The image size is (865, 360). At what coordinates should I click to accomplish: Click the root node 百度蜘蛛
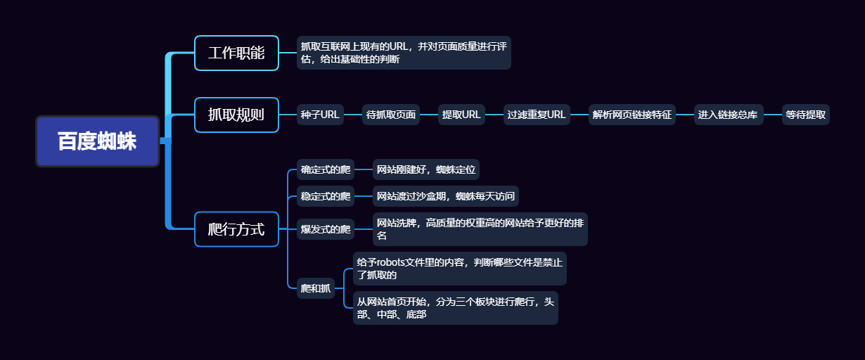point(98,141)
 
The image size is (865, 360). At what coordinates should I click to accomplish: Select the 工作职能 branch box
point(236,53)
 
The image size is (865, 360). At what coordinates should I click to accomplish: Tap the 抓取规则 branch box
point(236,115)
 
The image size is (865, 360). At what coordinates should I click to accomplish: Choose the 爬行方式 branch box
point(236,229)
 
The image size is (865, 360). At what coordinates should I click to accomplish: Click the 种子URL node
point(320,115)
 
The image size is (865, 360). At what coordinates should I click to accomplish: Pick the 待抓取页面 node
point(391,115)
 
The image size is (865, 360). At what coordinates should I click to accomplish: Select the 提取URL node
point(461,115)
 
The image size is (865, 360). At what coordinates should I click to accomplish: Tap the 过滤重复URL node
point(537,115)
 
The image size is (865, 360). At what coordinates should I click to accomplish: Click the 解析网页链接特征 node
point(632,115)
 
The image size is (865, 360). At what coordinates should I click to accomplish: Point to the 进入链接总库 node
point(728,115)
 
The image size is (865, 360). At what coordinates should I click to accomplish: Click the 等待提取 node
point(805,115)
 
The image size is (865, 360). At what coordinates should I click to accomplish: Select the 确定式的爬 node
point(325,169)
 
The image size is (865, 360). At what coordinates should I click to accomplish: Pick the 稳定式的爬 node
point(325,196)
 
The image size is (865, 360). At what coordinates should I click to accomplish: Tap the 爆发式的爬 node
point(325,229)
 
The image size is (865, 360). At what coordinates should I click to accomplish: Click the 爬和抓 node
point(316,288)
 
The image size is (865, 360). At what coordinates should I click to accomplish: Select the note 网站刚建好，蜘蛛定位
point(426,169)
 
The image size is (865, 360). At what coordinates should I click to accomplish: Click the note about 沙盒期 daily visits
point(445,196)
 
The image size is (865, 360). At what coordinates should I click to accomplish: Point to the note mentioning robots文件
point(459,269)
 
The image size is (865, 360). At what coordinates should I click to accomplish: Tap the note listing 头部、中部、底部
point(455,308)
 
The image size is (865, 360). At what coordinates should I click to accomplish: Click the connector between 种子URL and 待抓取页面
point(353,115)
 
